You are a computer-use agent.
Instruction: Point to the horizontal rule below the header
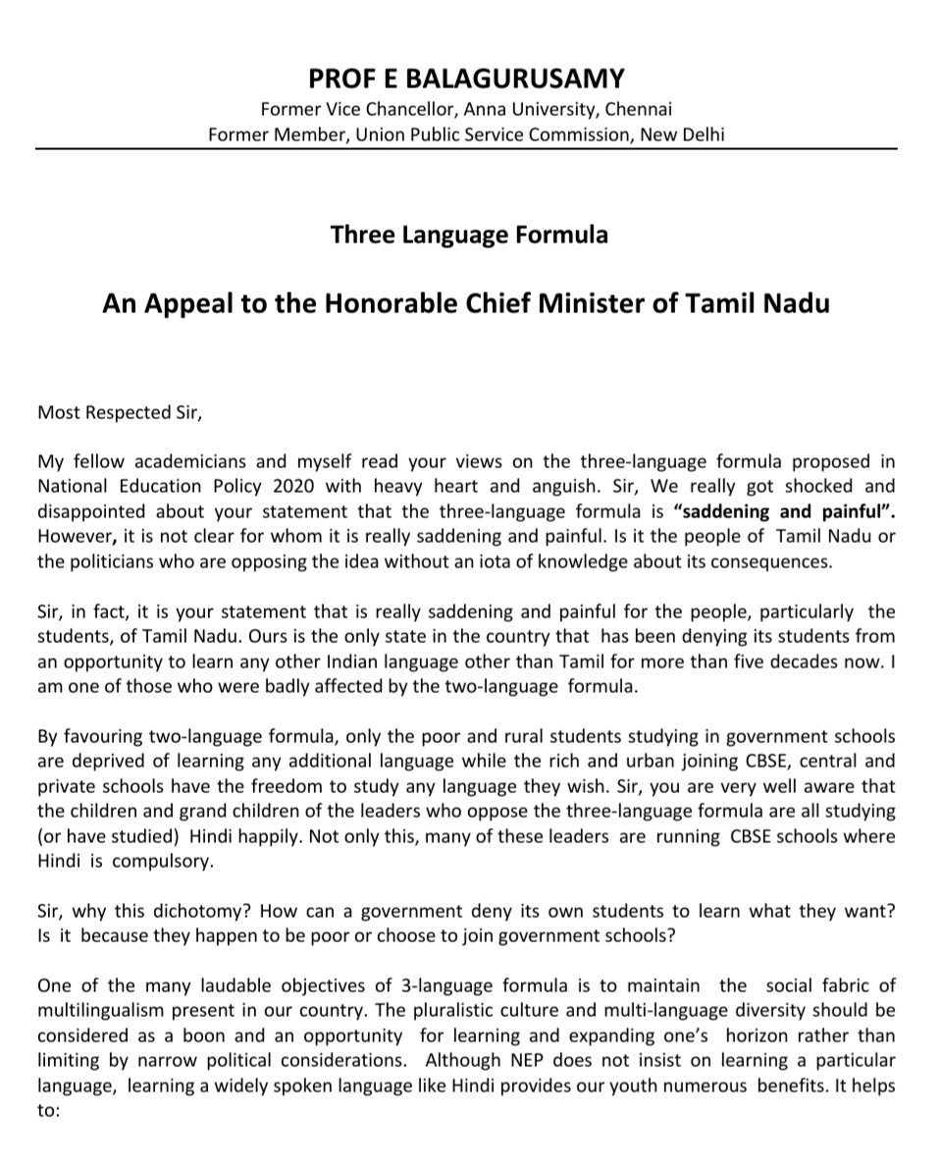point(467,148)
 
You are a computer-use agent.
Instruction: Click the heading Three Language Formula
point(469,235)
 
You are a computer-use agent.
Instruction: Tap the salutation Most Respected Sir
point(119,412)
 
